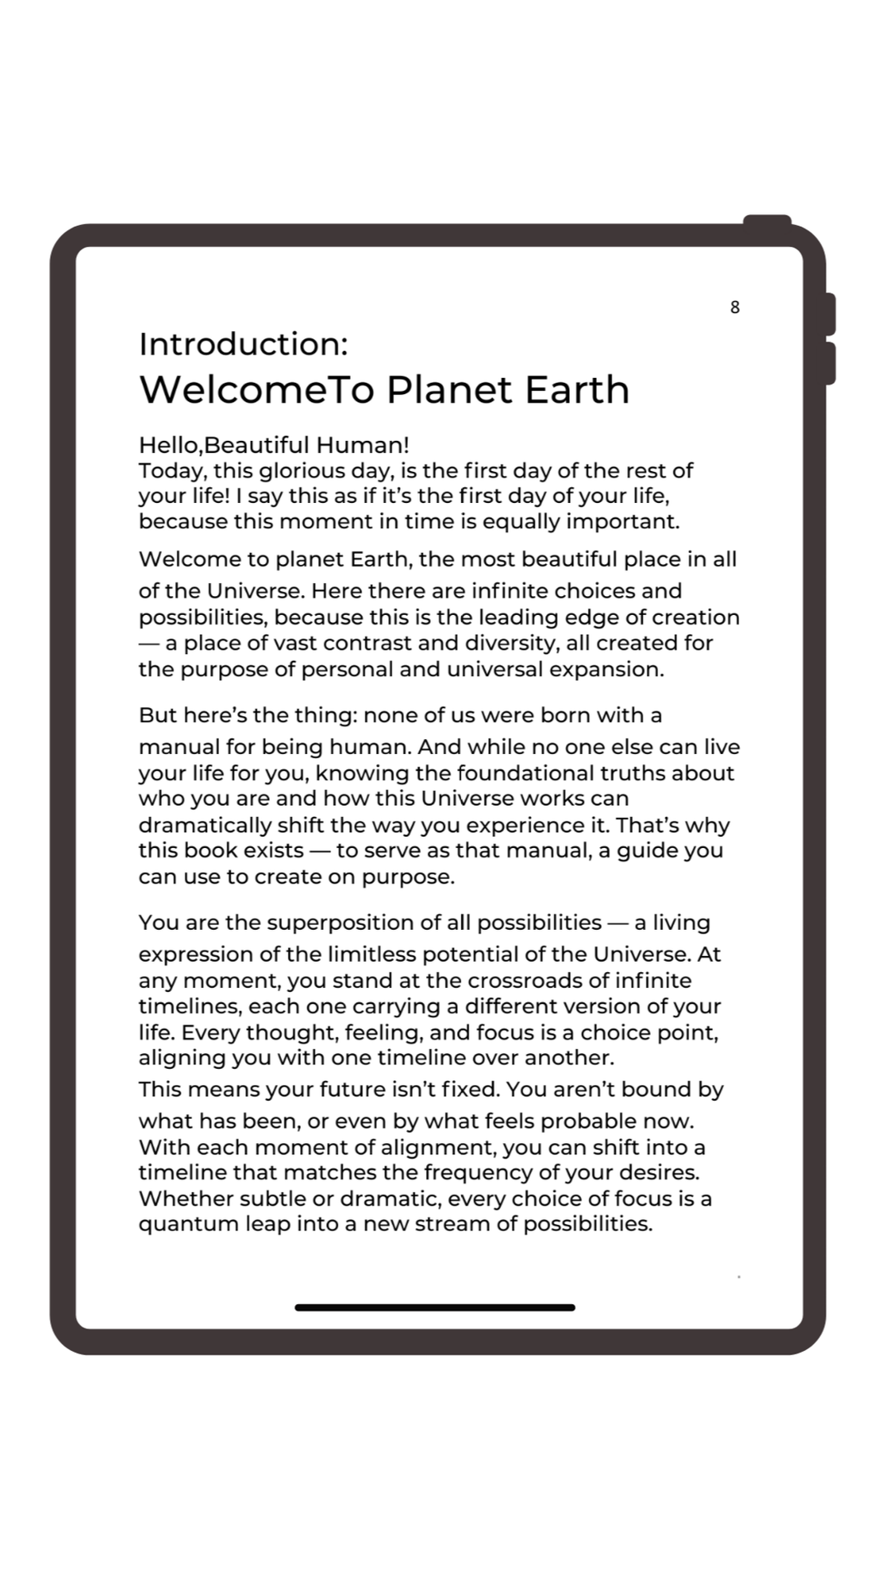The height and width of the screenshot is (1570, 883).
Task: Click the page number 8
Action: (x=735, y=307)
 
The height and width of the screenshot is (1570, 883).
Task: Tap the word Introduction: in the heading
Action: (x=243, y=344)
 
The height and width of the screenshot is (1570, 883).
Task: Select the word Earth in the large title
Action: (x=577, y=390)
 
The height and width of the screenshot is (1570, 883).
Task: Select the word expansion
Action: (x=607, y=669)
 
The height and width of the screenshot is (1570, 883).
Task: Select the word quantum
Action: (x=177, y=1224)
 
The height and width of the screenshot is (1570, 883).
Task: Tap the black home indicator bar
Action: (x=435, y=1308)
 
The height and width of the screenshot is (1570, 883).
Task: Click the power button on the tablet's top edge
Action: (x=767, y=221)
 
